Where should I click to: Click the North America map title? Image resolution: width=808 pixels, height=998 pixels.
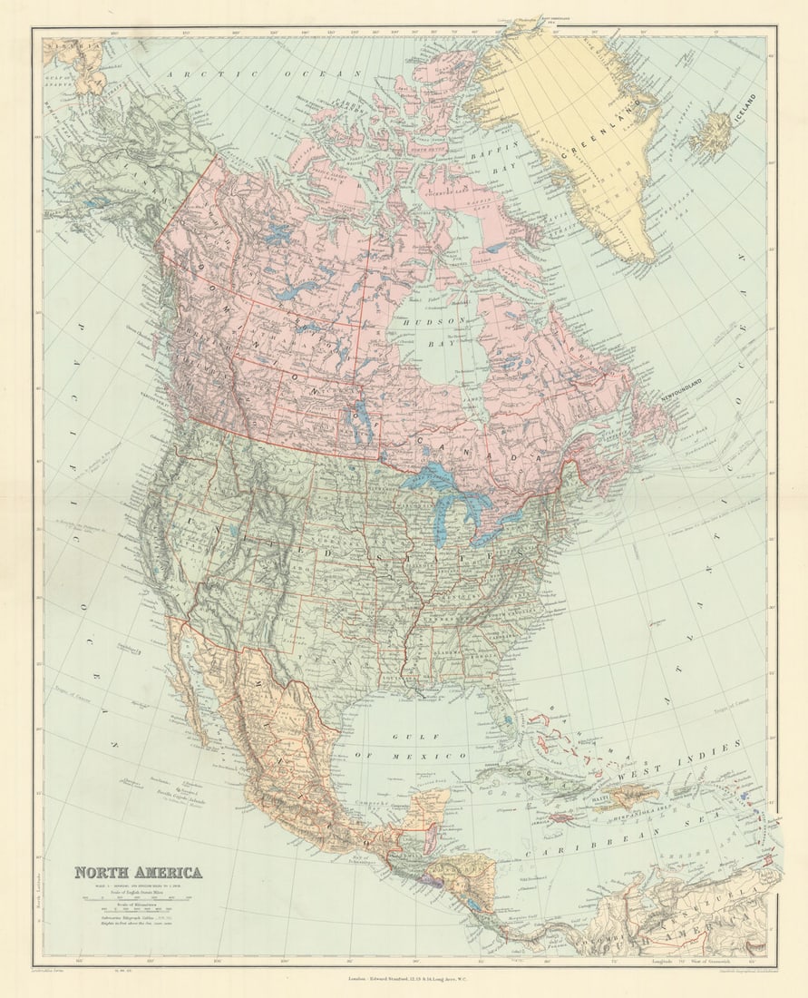(138, 873)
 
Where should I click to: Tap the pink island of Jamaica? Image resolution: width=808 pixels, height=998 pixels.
(564, 817)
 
